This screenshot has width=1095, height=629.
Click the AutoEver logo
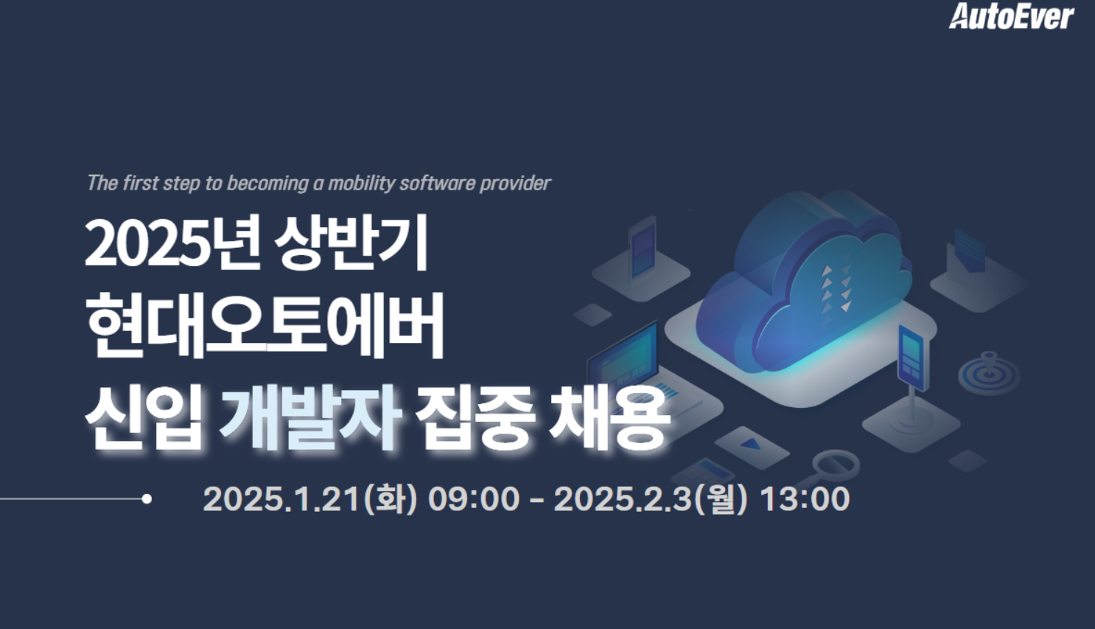(1012, 16)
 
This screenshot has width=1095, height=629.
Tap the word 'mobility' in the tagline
(361, 184)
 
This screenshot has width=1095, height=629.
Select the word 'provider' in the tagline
(515, 184)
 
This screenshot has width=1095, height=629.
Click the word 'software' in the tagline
(437, 184)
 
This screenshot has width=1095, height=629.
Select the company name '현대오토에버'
(265, 325)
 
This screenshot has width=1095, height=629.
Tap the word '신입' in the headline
(144, 417)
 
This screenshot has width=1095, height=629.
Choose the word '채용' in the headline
(609, 417)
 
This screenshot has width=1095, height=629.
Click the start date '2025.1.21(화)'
(310, 499)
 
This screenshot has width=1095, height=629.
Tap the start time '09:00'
(474, 499)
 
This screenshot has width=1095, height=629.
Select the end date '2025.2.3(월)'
(651, 499)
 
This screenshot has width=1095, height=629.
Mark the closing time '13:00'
(805, 499)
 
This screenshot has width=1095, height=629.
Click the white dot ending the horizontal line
(147, 499)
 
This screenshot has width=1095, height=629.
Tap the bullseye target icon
(988, 372)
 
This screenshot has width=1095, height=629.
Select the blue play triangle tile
(752, 445)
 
